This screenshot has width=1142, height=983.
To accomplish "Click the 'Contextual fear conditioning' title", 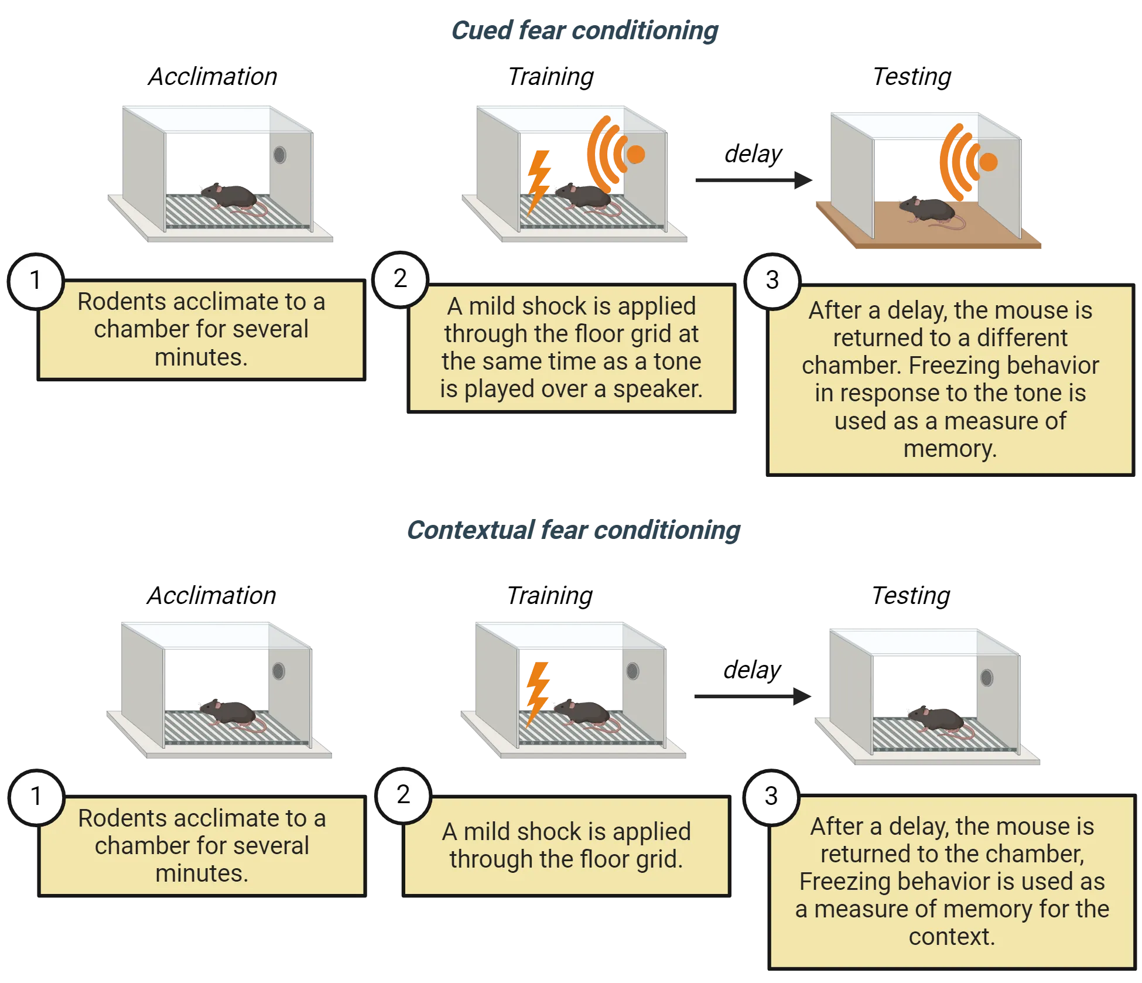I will click(x=574, y=530).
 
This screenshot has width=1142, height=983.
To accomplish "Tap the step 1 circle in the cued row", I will click(x=36, y=280).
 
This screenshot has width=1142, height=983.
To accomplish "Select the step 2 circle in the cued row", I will click(x=401, y=279).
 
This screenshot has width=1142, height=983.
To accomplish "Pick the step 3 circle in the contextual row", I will click(x=771, y=796).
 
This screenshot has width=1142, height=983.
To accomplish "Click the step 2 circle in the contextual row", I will click(x=403, y=795).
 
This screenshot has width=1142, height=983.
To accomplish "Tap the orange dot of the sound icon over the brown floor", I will click(x=988, y=162).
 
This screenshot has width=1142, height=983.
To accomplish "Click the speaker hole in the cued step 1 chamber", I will click(x=280, y=155).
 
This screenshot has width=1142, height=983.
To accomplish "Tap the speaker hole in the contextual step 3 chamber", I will click(x=987, y=678).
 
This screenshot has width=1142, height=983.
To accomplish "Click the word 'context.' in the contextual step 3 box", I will click(x=952, y=936).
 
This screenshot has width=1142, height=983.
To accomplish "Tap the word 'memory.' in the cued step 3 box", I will click(x=950, y=449).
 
